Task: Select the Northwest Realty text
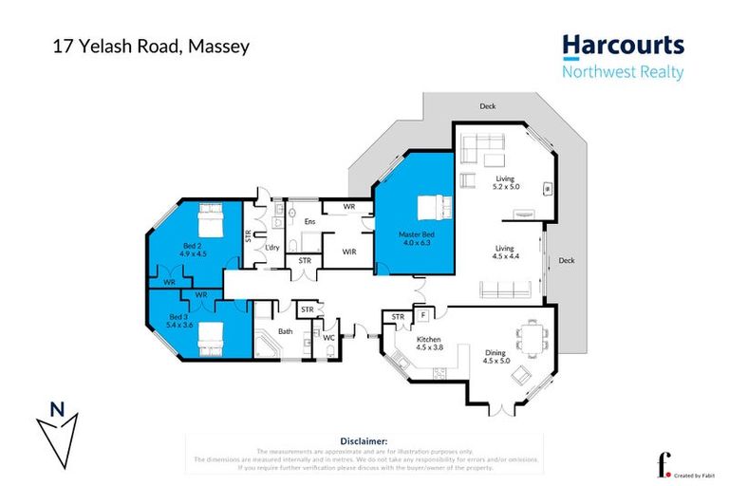[x=622, y=72]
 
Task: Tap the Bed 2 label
[x=193, y=249]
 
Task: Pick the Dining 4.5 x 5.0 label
[x=496, y=355]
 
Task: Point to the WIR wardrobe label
[x=348, y=252]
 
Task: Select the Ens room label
[x=308, y=222]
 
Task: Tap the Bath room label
[x=285, y=331]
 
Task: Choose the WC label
[x=327, y=336]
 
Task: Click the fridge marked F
[x=422, y=314]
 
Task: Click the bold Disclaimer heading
[x=364, y=440]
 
